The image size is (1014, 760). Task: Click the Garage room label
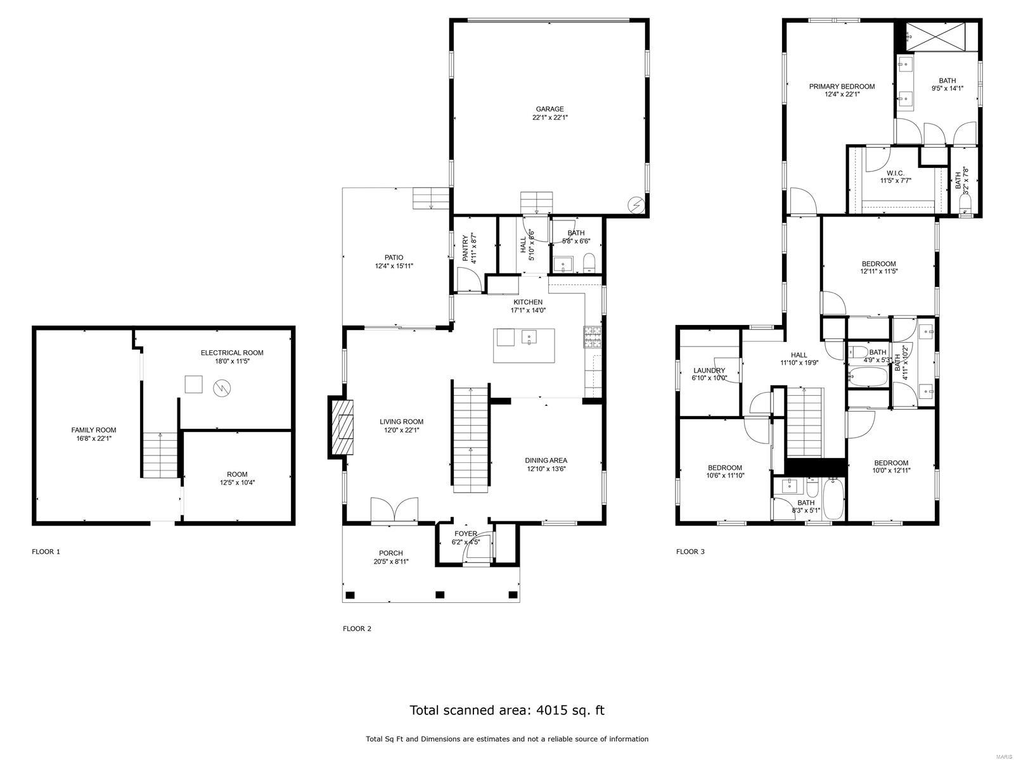coord(549,109)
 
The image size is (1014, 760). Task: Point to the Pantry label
coord(465,249)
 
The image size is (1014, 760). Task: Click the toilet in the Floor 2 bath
coord(589,263)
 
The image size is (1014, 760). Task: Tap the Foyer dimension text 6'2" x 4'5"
coord(466,542)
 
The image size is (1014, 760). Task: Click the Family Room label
coord(94,430)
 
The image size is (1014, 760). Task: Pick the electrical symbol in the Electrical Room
coord(222,385)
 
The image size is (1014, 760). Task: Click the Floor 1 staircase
coord(160,455)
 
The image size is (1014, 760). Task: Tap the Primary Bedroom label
coord(842,87)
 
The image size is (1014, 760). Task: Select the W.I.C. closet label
coord(895,173)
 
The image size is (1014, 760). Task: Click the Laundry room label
coord(709,370)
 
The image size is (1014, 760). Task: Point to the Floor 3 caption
coord(690,552)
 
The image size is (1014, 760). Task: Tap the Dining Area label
coord(546,460)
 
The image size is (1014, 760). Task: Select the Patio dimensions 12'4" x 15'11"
coord(394,266)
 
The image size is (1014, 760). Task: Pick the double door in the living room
coord(395,510)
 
